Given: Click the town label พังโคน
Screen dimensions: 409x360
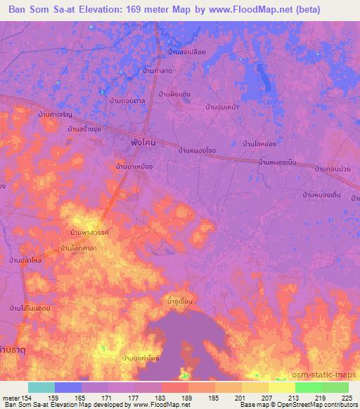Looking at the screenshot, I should tap(143, 142).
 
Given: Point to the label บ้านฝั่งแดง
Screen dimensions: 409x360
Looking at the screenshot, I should tap(175, 93).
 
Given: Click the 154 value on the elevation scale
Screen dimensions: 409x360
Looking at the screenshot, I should tap(28, 397).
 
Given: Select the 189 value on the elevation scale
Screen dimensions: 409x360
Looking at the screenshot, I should tap(187, 397).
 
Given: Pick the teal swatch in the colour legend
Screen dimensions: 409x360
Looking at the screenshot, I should tap(41, 387).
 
